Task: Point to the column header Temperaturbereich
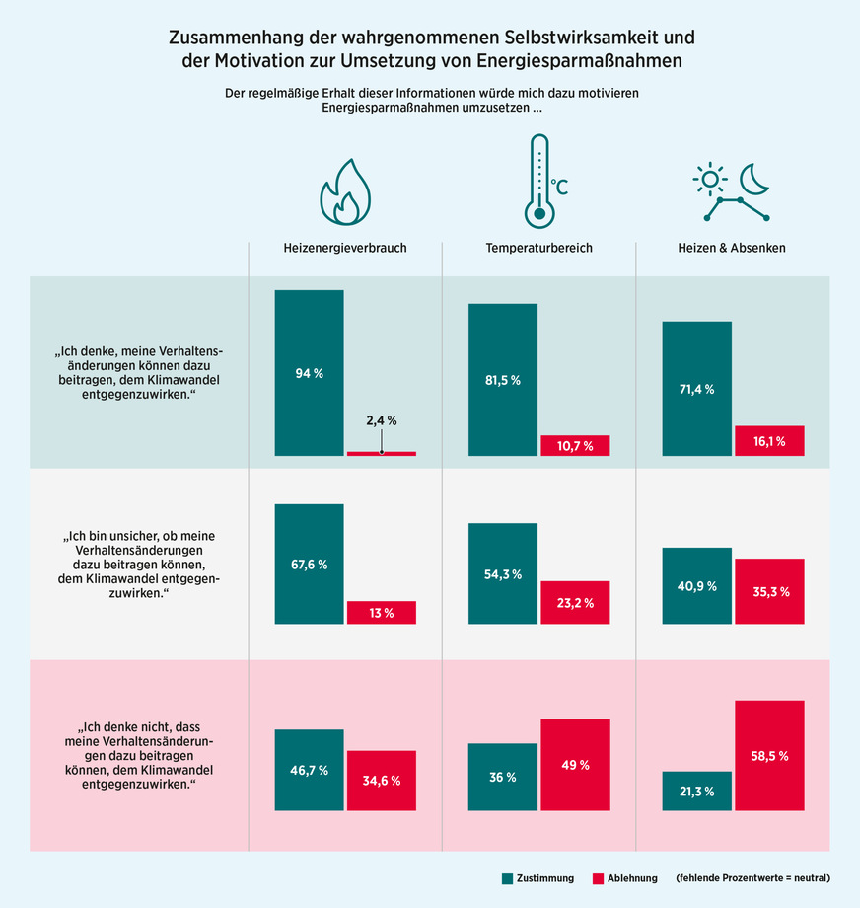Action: pos(538,248)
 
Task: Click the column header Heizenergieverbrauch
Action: pos(345,248)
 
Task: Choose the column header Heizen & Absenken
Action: pos(732,248)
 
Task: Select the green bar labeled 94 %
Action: pos(309,373)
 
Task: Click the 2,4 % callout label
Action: pos(381,420)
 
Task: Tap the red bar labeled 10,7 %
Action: pos(575,445)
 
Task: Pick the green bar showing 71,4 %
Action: pos(696,389)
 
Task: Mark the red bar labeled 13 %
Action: pos(381,613)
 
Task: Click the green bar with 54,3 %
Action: pos(502,573)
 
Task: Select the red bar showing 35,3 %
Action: pos(769,591)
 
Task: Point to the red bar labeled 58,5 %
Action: pos(769,755)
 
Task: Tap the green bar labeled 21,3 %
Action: pos(696,791)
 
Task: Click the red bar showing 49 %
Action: pos(575,765)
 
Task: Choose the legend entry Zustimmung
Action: pos(537,878)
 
